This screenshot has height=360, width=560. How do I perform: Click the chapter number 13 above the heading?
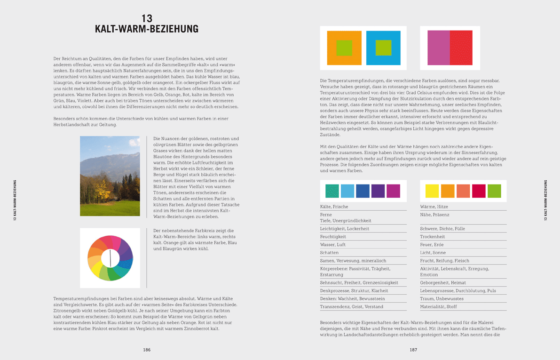click(x=147, y=18)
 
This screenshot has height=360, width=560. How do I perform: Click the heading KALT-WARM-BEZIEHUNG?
click(x=147, y=29)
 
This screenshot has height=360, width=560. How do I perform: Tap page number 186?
click(x=147, y=350)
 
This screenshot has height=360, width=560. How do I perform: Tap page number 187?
click(x=413, y=350)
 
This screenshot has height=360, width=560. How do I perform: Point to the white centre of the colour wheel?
click(x=110, y=258)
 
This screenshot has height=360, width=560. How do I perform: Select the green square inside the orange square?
click(x=344, y=48)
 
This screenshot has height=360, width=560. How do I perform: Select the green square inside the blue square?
click(x=383, y=48)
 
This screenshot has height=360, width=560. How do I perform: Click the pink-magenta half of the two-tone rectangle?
click(x=438, y=48)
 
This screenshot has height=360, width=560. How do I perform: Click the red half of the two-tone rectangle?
click(x=461, y=48)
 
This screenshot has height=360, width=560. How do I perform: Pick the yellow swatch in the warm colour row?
click(x=432, y=191)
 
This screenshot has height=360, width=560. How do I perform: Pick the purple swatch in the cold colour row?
click(x=378, y=191)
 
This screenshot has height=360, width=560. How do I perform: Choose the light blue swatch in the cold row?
click(x=347, y=191)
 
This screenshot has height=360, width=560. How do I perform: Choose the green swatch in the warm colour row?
click(x=494, y=191)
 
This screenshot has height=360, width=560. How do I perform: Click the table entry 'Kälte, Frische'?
click(x=334, y=207)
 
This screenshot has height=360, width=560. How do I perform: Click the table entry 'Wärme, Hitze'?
click(x=434, y=207)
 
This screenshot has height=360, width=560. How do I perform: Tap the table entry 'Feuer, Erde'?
click(x=432, y=245)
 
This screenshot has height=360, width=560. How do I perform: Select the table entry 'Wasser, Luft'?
click(x=332, y=245)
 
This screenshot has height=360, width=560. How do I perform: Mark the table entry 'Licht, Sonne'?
click(x=433, y=253)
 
